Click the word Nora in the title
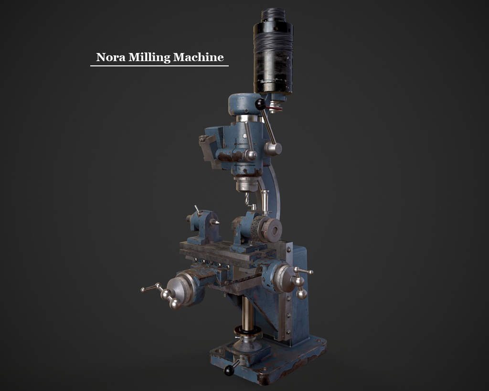tap(108, 57)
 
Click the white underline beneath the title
tap(159, 65)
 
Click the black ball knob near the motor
tap(260, 104)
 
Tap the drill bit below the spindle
tap(247, 199)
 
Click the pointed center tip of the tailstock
tap(217, 222)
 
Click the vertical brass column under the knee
tap(247, 313)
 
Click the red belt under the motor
tap(276, 109)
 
